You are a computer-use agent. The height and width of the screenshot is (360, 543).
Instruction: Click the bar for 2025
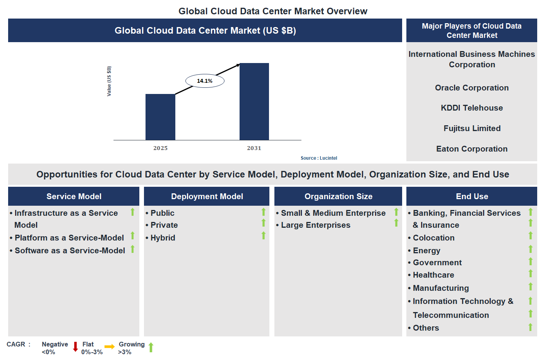coord(160,117)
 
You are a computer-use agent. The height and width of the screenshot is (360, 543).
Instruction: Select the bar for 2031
coord(254,101)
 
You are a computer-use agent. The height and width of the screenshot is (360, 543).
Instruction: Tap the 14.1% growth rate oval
coord(205,81)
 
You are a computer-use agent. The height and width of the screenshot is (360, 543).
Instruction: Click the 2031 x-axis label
coord(254,148)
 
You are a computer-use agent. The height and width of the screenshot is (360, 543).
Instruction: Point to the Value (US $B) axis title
coord(109,81)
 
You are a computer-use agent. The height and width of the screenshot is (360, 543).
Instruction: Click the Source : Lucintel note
coord(319,158)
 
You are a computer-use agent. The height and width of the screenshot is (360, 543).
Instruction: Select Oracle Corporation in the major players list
coord(471,88)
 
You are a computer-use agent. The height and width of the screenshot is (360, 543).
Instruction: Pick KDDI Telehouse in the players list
coord(471,108)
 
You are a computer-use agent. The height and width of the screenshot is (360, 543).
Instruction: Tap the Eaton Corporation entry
coord(471,149)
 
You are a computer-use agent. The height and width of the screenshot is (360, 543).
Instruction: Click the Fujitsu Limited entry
coord(471,128)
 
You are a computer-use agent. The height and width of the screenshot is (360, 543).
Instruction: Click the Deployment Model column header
coord(207,196)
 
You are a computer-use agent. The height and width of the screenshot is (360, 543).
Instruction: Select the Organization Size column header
coord(338,196)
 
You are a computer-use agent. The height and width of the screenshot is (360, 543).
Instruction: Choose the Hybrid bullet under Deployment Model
coord(163,238)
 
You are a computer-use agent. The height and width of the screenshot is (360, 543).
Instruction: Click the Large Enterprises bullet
coord(315,225)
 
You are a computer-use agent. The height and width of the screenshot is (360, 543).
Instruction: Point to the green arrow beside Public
coord(264,212)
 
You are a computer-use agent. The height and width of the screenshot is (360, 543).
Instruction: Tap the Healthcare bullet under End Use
coord(433,275)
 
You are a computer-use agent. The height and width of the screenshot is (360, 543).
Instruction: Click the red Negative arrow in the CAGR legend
coord(75,347)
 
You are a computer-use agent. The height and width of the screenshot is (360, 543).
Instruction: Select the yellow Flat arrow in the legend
coord(110,347)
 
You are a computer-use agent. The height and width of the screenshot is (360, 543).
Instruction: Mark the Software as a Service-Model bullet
coord(70,251)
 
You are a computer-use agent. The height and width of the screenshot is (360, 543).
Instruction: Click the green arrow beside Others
coord(530,327)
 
